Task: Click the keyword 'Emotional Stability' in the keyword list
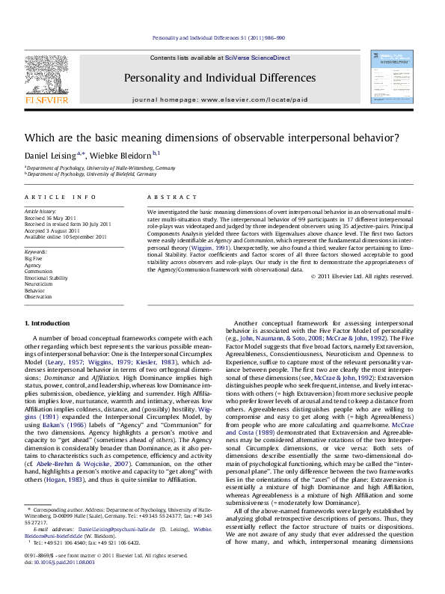coord(46,278)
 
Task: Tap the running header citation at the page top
coord(223,37)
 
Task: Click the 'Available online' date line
coord(61,236)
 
